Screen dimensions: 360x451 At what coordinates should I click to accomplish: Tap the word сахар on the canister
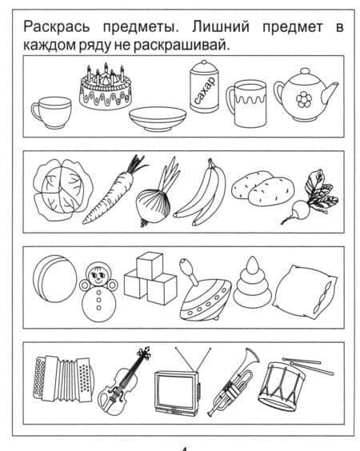coord(205,90)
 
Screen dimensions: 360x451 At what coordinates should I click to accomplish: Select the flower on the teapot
coord(304,100)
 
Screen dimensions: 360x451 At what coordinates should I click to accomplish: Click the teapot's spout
coord(330,91)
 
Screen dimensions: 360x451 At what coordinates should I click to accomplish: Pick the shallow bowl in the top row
coord(158,119)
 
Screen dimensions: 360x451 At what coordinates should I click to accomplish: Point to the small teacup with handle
coord(51,113)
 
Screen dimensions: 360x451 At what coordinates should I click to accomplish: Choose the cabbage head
coord(63,190)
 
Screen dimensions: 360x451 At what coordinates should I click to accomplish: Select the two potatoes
coord(262,189)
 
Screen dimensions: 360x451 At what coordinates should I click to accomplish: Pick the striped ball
coord(55,279)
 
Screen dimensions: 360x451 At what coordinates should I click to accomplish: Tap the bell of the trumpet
coord(252,355)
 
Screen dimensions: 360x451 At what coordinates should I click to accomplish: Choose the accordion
coord(63,378)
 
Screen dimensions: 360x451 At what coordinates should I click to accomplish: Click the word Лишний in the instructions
coord(221,27)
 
